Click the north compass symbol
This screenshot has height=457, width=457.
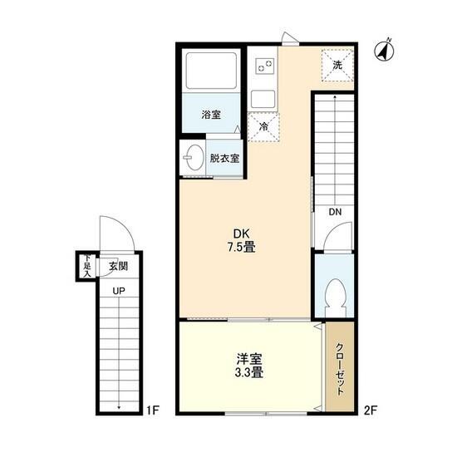tap(384, 51)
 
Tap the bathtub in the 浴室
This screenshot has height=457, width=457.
tap(211, 71)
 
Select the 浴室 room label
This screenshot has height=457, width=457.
tap(211, 115)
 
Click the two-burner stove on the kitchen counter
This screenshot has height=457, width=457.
tap(264, 66)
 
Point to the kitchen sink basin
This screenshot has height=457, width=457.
tap(263, 99)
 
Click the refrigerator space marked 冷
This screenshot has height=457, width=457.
tap(263, 127)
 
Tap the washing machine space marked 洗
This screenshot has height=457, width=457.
tap(337, 66)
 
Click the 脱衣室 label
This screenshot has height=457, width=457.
tap(224, 159)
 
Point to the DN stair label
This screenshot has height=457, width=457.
tap(335, 212)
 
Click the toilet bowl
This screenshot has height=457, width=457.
tap(336, 297)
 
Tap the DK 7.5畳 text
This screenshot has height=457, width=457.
tap(242, 240)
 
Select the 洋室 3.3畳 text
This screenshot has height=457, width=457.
tap(249, 366)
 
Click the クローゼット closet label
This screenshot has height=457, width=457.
tap(340, 369)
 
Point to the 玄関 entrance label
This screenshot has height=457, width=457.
tap(118, 266)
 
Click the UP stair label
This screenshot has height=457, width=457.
tap(119, 291)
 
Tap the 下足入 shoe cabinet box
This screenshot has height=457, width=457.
tap(87, 266)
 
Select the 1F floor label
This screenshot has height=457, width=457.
tap(153, 410)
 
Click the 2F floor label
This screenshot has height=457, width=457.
tap(371, 410)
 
